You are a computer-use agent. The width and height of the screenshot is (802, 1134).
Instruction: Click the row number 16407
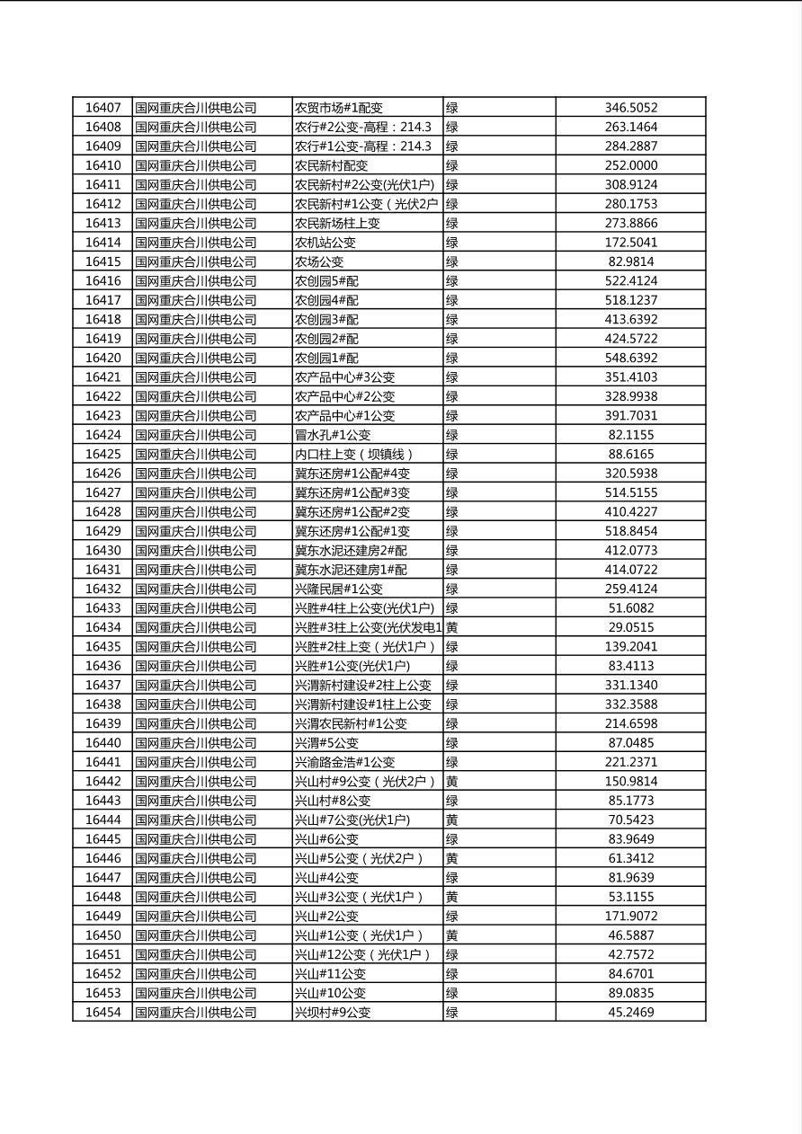(102, 108)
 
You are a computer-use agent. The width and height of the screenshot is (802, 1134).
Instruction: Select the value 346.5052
(630, 108)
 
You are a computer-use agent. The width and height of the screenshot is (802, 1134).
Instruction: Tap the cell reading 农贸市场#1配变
(340, 108)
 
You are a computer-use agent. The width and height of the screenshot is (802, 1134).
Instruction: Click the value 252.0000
(630, 165)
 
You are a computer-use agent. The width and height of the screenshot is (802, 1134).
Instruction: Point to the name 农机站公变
(325, 243)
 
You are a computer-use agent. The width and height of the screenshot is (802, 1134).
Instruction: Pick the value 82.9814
(630, 261)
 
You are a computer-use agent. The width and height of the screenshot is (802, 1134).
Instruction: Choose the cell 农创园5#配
(326, 281)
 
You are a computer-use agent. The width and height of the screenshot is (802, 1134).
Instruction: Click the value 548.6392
(630, 358)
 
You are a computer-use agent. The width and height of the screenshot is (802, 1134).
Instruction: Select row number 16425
(102, 454)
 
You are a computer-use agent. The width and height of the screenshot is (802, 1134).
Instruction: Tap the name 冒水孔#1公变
(333, 435)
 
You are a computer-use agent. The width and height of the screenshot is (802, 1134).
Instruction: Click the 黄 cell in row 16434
(452, 627)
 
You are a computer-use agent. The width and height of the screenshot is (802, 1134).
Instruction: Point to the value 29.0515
(630, 627)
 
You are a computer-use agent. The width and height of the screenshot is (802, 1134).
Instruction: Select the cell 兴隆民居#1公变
(339, 589)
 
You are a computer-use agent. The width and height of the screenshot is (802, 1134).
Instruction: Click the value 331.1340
(630, 685)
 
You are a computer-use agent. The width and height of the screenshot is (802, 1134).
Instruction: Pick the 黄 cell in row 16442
(452, 781)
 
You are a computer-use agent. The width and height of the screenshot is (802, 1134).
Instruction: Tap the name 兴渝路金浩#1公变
(345, 762)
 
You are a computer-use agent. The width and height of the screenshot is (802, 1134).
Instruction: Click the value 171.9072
(630, 916)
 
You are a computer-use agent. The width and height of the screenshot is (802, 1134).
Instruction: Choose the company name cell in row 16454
(196, 1012)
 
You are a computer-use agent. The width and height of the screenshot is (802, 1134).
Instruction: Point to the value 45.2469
(630, 1012)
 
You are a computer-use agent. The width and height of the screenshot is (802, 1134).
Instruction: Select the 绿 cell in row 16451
(452, 954)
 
